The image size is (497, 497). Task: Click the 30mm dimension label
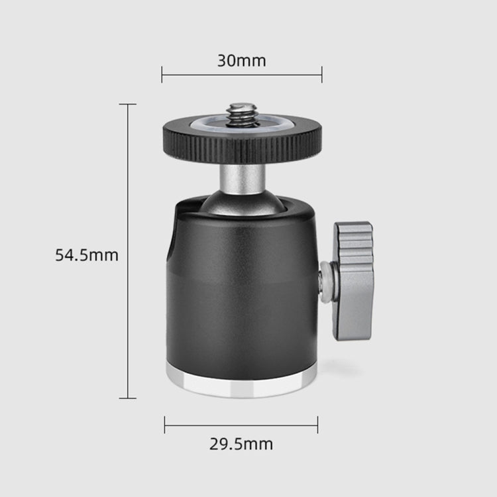click(x=241, y=61)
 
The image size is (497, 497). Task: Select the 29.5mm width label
click(x=241, y=444)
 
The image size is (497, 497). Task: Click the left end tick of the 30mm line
click(x=162, y=74)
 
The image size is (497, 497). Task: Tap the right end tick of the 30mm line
click(x=321, y=74)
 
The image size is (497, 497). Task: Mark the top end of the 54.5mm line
click(x=128, y=104)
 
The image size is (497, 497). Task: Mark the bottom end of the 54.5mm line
click(x=128, y=398)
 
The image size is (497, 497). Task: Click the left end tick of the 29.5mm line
click(x=164, y=425)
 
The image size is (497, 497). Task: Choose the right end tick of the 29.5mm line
click(x=317, y=425)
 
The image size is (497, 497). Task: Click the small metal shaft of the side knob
click(x=325, y=282)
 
